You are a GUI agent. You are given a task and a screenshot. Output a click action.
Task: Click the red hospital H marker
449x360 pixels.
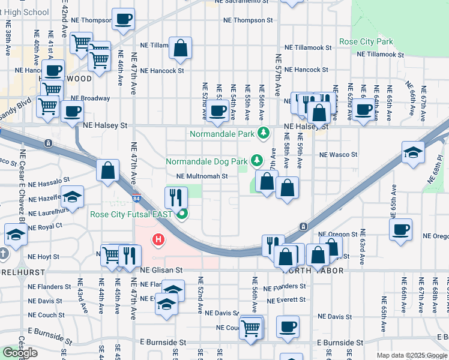[158, 241]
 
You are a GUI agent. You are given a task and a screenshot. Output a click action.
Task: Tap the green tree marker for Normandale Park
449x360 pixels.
[263, 133]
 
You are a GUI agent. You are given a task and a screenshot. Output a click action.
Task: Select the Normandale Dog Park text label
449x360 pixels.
[206, 161]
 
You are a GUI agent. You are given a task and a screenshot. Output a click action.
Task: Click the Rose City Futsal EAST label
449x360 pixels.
[131, 215]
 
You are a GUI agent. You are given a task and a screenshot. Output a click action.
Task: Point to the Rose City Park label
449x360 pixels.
[366, 42]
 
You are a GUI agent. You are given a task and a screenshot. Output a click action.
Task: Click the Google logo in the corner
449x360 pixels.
[20, 353]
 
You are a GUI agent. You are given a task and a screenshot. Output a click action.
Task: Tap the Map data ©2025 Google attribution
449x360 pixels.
[411, 355]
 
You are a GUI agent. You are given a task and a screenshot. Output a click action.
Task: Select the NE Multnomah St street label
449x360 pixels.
[202, 176]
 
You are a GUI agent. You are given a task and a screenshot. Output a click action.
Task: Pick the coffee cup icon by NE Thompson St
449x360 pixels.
[123, 19]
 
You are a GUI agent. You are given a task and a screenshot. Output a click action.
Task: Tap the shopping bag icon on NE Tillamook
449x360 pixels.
[180, 49]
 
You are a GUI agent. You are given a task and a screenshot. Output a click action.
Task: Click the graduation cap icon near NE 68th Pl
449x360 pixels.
[414, 152]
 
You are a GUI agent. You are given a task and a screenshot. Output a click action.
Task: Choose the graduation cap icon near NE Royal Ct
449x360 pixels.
[16, 235]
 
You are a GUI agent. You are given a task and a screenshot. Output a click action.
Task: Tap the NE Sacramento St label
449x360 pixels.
[246, 2]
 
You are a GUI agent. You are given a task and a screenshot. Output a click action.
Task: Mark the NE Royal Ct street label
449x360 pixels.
[46, 226]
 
